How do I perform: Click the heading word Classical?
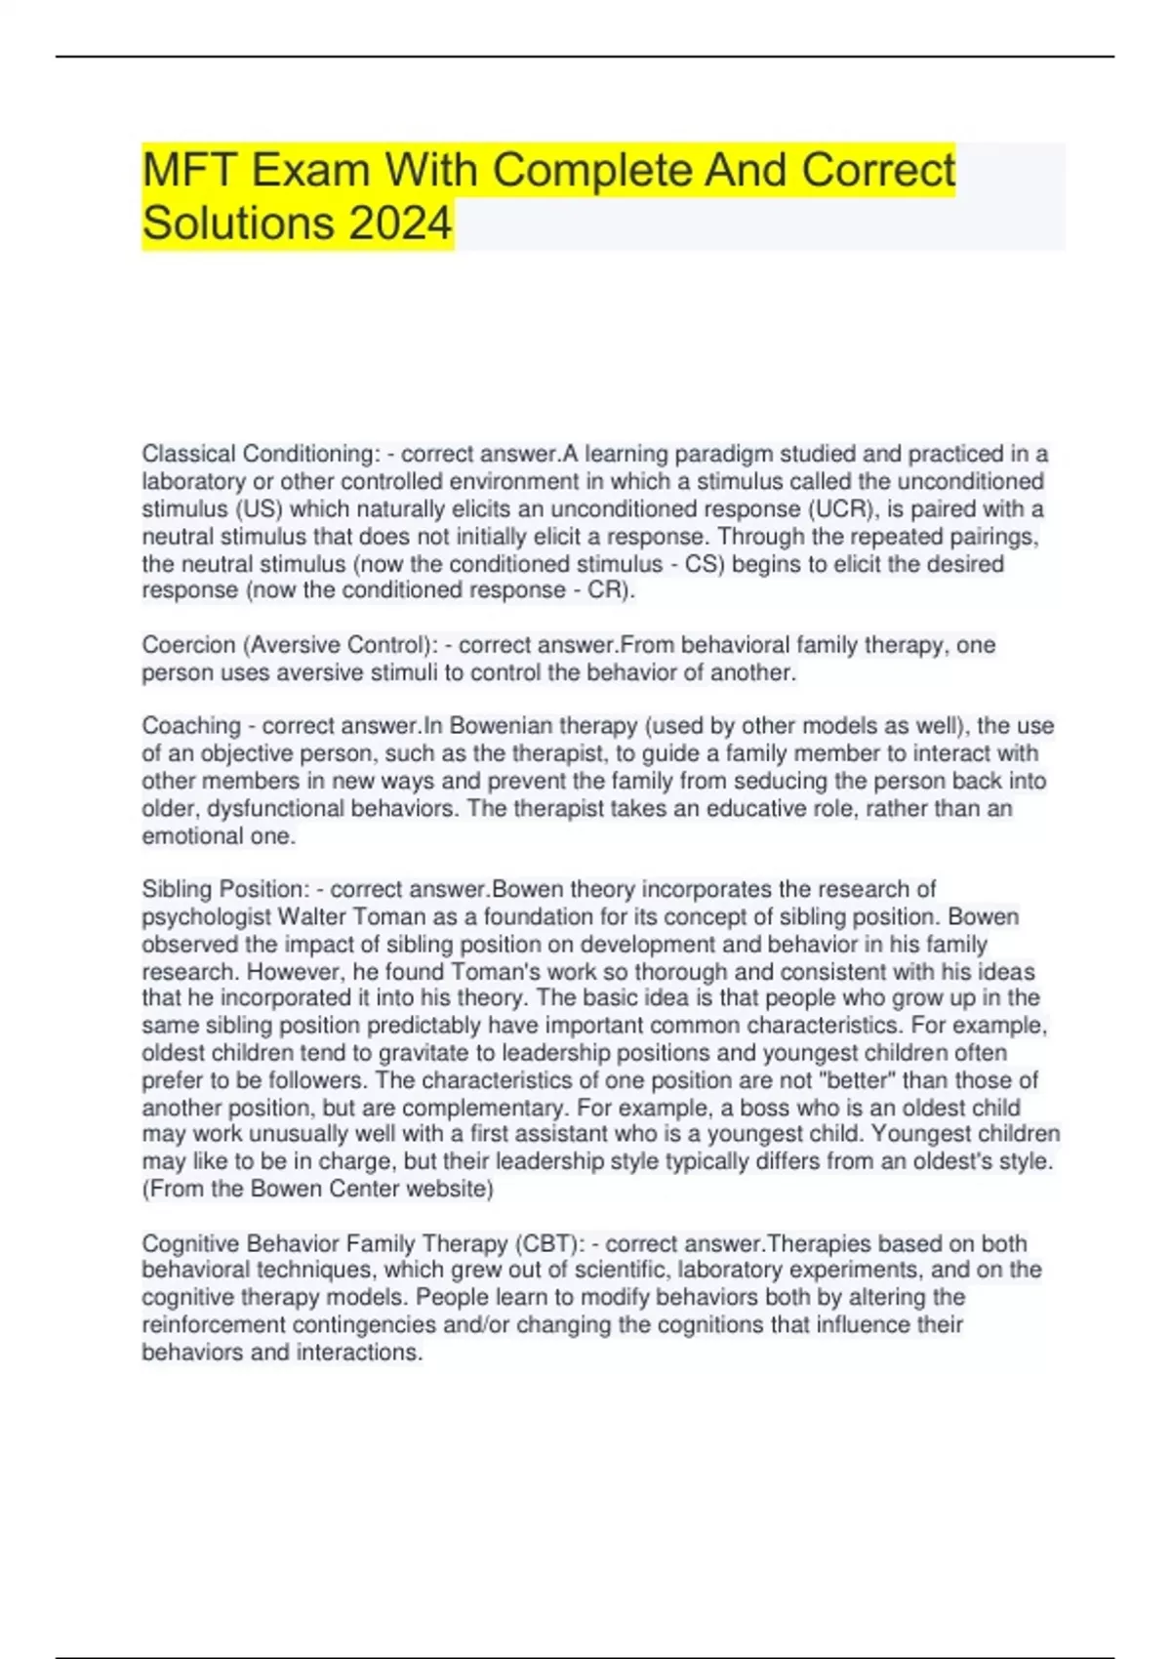click(188, 454)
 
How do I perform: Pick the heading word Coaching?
click(191, 726)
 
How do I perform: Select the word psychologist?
click(206, 917)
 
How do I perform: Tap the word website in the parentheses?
click(446, 1189)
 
